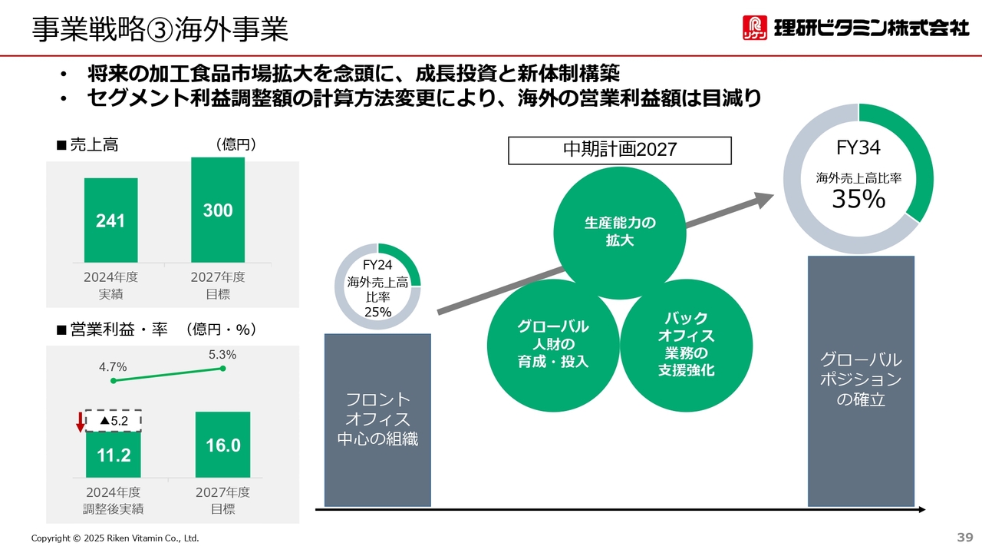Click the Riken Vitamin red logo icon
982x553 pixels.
pos(754,28)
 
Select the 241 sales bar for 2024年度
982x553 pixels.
pos(111,220)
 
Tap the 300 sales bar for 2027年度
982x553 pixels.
pos(218,210)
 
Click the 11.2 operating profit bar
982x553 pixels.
pos(113,455)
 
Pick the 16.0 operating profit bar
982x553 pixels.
pos(222,445)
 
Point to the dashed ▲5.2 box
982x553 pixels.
pos(113,421)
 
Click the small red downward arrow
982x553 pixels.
pos(81,422)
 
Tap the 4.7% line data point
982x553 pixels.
pos(114,380)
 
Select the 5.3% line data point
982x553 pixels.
pos(222,369)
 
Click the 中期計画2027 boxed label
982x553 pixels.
pos(620,151)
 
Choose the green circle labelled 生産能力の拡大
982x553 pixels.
pos(620,233)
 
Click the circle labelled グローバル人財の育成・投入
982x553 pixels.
pos(553,346)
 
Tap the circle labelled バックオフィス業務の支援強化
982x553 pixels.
pos(687,346)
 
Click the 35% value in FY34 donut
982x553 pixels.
pos(858,199)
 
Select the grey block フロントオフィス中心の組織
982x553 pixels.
pos(377,420)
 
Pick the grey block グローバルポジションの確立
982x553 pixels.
pos(861,381)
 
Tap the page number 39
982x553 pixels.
pos(965,537)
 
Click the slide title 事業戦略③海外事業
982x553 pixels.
pos(160,30)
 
